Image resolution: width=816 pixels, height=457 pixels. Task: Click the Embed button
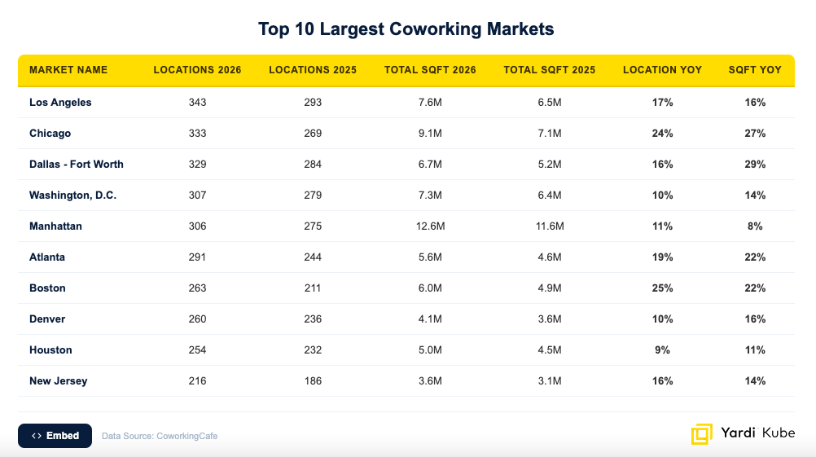pos(55,436)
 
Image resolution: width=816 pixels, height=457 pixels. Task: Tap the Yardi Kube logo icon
pos(701,434)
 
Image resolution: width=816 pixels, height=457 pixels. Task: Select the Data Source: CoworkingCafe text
pos(160,436)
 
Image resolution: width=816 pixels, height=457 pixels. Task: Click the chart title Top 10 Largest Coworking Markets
pos(406,29)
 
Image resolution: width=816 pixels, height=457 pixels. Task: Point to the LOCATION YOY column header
pos(662,70)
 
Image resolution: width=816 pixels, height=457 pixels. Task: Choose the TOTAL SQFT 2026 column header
pos(430,70)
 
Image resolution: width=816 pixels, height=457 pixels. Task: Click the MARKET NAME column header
pos(68,70)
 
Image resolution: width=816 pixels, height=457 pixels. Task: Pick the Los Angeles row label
pos(60,103)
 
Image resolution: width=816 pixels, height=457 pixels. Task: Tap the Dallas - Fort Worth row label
pos(77,165)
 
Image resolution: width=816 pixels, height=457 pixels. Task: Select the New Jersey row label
pos(59,381)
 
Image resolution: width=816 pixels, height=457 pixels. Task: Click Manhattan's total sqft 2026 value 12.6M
pos(430,226)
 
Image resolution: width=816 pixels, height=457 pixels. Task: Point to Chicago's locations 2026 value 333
pos(197,134)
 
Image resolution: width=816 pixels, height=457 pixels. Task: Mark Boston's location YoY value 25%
pos(662,288)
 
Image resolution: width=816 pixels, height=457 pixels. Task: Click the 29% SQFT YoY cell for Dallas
pos(755,165)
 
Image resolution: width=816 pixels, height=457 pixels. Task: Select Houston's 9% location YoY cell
pos(662,350)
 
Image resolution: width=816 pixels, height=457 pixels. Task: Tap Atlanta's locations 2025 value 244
pos(313,257)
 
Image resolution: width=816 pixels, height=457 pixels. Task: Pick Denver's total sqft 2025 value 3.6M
pos(550,319)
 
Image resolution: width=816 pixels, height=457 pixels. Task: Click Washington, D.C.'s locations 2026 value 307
pos(197,196)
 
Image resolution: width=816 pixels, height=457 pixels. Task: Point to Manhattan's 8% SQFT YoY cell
pos(755,226)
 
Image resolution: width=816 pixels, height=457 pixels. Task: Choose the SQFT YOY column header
pos(755,70)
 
